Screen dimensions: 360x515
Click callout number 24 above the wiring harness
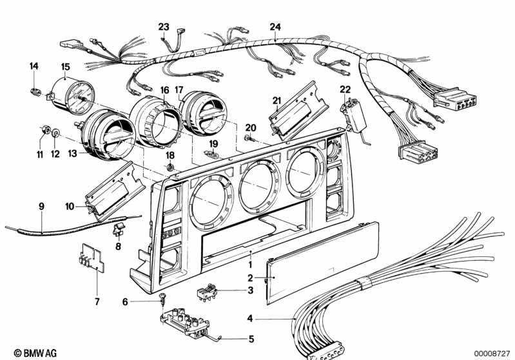click(x=275, y=26)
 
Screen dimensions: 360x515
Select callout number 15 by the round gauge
click(x=65, y=66)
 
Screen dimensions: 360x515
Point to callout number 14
click(x=34, y=66)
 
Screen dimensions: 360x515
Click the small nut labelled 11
click(x=45, y=131)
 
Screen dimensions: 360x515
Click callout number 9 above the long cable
click(x=41, y=207)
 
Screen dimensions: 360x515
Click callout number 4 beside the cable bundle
click(x=250, y=317)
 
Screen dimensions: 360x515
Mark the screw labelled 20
click(x=249, y=138)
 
